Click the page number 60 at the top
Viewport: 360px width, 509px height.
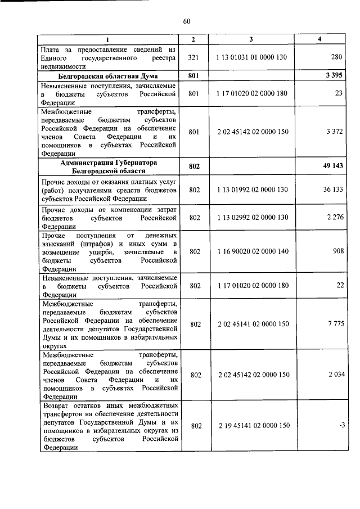tap(187, 21)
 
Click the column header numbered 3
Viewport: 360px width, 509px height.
tap(251, 39)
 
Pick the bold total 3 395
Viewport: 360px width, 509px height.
tap(334, 75)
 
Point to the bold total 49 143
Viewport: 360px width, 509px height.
tap(332, 167)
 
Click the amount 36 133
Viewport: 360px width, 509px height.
tap(333, 190)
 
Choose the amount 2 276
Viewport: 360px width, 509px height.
tap(334, 218)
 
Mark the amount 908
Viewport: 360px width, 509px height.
tap(337, 251)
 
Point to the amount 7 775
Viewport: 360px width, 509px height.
tap(334, 324)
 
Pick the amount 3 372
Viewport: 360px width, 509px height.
tap(334, 132)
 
